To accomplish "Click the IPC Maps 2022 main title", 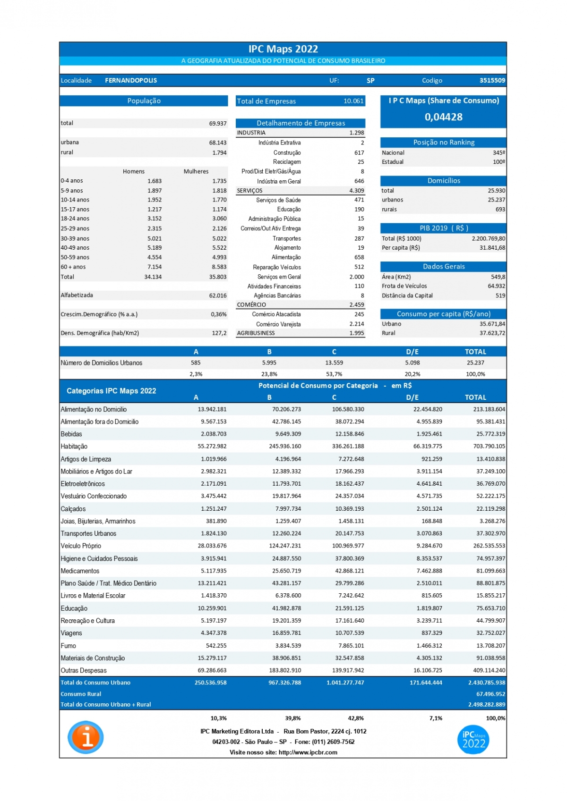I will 283,49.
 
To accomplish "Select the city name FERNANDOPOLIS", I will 131,80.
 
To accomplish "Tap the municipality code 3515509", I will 492,80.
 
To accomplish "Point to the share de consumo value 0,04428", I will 443,117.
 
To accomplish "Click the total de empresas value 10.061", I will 353,101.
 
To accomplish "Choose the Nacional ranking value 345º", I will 498,152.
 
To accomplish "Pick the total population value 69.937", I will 218,123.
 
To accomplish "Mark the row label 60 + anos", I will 73,267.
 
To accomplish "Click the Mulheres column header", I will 196,171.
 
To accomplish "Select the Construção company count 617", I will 359,152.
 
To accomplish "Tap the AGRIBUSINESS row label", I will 256,333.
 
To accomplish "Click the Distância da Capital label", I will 407,295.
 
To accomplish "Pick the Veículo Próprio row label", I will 81,546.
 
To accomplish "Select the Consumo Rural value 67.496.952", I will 490,694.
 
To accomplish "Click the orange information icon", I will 86,737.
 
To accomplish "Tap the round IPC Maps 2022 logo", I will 473,740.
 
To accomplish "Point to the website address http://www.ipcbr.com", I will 308,752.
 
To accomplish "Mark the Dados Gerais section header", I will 443,266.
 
